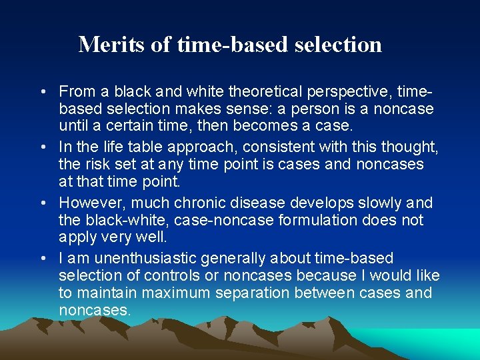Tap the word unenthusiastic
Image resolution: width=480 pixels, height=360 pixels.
[x=143, y=258]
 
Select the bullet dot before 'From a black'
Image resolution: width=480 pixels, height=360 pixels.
[x=42, y=91]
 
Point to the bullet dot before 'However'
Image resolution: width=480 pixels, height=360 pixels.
[x=42, y=203]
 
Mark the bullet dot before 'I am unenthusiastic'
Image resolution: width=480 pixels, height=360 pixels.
[x=42, y=259]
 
